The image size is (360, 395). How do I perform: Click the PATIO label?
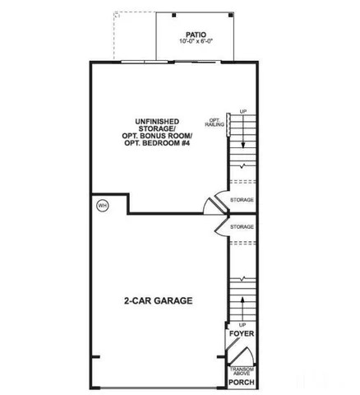(195, 35)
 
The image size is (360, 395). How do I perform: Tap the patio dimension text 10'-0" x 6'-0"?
(195, 42)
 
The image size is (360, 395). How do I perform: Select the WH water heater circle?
(103, 205)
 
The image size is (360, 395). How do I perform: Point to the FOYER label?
(242, 334)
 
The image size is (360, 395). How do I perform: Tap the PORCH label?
(241, 383)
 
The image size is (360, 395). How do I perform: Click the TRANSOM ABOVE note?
(242, 370)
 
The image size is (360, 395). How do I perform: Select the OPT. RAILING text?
(215, 123)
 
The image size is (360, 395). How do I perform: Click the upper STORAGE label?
(242, 200)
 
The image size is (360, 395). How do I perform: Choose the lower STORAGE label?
(242, 226)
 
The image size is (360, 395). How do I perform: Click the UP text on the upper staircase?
(242, 111)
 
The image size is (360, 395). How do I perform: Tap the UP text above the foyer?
(242, 325)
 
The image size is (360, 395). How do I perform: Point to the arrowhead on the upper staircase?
(242, 118)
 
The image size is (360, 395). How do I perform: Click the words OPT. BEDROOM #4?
(158, 142)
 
